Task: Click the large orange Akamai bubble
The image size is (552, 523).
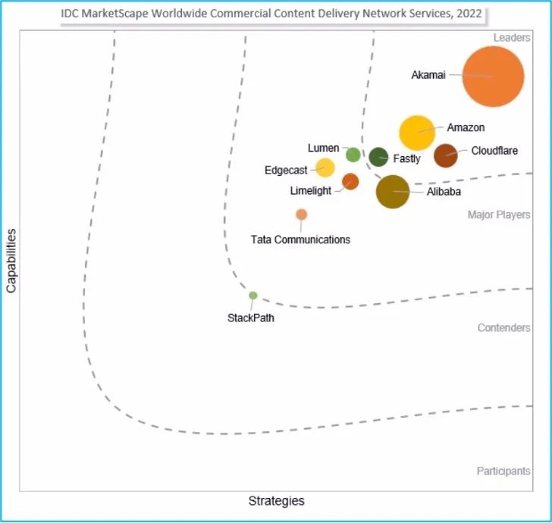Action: coord(494,77)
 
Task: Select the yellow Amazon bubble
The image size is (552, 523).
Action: coord(417,133)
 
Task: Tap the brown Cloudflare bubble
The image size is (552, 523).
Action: coord(445,155)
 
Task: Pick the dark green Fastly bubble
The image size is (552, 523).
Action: coord(378,157)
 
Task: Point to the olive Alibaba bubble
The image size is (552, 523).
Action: coord(393,191)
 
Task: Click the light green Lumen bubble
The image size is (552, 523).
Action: coord(353,155)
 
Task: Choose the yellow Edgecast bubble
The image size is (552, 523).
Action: coord(325,168)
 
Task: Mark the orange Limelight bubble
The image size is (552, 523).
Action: coord(350,181)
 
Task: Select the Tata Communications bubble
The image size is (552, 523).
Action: coord(301,215)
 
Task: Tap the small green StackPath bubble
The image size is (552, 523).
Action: coord(253,296)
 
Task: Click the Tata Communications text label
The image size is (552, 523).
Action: coord(300,240)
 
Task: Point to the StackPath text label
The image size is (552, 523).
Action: coord(251,318)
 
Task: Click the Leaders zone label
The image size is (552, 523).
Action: coord(511,38)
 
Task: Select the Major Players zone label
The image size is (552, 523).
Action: coord(498,215)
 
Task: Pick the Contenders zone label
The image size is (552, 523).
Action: coord(503,328)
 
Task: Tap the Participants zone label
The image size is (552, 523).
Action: coord(503,471)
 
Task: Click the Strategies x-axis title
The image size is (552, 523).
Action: coord(276,501)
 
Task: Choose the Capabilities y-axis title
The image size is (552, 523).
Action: coord(11,261)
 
